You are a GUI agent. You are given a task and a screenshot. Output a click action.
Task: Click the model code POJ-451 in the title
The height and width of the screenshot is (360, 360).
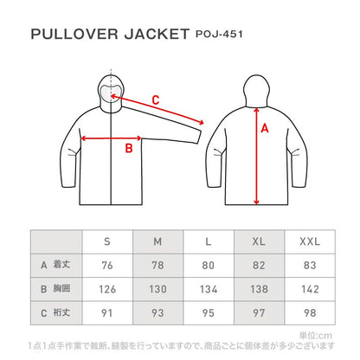point(219,34)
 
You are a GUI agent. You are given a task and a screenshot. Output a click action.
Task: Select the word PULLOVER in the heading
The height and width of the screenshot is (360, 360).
point(74,34)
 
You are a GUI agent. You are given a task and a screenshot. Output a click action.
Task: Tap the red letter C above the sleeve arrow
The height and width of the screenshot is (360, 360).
point(156,100)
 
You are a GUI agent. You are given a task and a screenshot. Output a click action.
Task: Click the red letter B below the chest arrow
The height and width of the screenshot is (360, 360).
point(129,148)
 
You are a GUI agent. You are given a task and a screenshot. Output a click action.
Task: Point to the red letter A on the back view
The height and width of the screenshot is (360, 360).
point(265,128)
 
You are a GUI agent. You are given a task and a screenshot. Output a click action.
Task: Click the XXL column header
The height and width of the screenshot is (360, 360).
point(310,241)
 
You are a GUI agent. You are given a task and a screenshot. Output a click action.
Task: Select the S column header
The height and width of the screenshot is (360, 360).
point(107,241)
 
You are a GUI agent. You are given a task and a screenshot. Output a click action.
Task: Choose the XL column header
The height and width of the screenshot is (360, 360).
point(259,241)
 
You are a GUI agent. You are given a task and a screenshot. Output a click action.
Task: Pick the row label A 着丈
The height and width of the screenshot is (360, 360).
point(55,265)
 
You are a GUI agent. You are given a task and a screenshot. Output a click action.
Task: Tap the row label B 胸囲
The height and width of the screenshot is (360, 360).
point(55,289)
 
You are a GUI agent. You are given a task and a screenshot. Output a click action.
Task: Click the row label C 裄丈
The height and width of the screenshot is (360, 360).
point(55,312)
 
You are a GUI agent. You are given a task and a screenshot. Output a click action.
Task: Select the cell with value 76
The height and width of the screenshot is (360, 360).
point(107,266)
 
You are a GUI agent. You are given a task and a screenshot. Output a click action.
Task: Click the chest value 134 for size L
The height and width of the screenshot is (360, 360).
point(209,289)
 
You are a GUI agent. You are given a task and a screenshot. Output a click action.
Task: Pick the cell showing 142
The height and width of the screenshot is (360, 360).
point(310,289)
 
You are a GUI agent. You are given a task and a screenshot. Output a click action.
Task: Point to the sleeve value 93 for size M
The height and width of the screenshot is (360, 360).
point(157,313)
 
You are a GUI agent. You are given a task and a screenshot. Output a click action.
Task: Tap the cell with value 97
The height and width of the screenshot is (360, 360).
point(259,313)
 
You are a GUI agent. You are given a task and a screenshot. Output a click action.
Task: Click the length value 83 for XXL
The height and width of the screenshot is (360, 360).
point(310,266)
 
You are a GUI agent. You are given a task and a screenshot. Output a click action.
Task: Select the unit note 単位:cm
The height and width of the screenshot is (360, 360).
point(316,336)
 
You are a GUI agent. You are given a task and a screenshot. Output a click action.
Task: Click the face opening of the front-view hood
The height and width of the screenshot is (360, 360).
point(111,93)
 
